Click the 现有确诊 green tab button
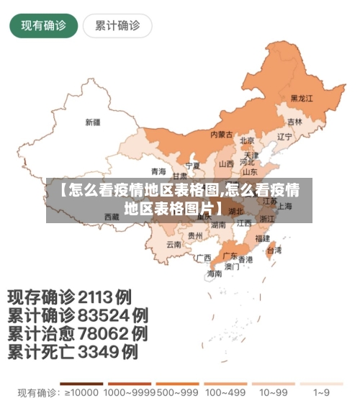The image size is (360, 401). [43, 26]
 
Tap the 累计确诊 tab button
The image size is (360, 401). [117, 26]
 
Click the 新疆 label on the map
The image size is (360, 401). [93, 122]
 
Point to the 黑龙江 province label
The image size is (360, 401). [302, 98]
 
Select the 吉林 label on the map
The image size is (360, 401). [294, 122]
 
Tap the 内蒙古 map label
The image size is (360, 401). [221, 135]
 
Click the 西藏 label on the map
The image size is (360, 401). [112, 216]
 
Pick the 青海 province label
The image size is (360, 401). [158, 171]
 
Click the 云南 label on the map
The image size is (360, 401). [174, 244]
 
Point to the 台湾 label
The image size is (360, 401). [274, 251]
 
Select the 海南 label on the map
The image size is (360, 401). [215, 274]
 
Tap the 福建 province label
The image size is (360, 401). [262, 238]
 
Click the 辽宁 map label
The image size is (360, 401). [284, 136]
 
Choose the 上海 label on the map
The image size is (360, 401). [284, 206]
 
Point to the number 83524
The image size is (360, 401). [104, 315]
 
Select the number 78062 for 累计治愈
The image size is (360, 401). [104, 334]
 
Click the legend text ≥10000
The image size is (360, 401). [80, 393]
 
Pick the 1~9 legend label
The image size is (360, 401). [323, 393]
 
